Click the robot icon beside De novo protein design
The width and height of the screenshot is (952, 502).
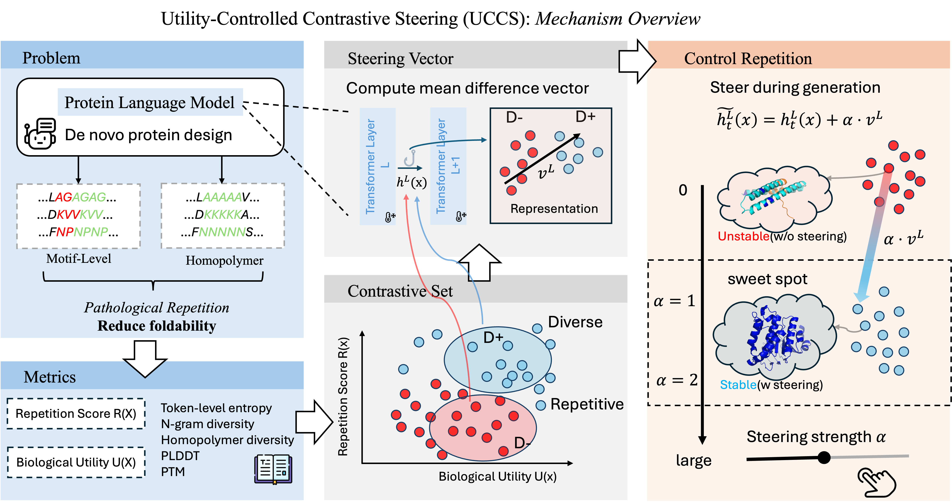click(x=40, y=134)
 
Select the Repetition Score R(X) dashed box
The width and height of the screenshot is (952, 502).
click(x=76, y=414)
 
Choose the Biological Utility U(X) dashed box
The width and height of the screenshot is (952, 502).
click(x=76, y=462)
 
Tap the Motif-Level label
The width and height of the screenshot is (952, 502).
click(x=78, y=259)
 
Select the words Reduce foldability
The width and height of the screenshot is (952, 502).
click(x=157, y=326)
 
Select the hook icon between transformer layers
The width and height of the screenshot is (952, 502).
click(x=410, y=158)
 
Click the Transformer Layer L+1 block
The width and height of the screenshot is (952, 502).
click(x=448, y=166)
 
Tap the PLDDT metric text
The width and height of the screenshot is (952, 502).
click(x=180, y=456)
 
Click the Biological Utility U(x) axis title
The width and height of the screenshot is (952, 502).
click(x=497, y=476)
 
